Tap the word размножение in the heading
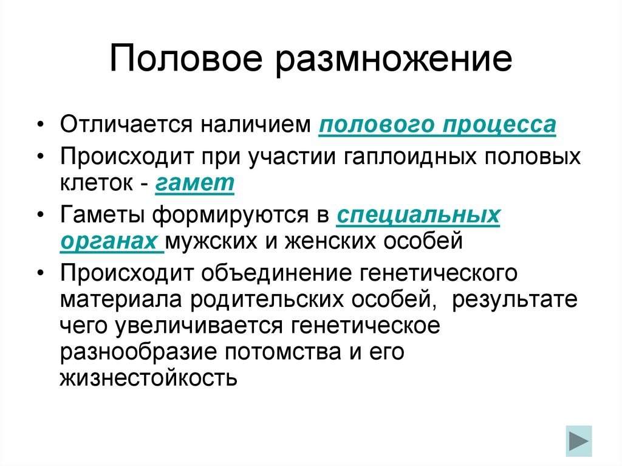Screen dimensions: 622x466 [x=394, y=60]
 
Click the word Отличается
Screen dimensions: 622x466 [x=126, y=124]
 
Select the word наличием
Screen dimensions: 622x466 [x=256, y=124]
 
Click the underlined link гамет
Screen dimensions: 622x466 [x=194, y=183]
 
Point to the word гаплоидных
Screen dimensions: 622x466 [x=409, y=157]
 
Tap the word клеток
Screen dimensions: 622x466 [x=97, y=183]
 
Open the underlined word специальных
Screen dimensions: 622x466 [x=418, y=216]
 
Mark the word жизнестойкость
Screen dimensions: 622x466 [x=149, y=378]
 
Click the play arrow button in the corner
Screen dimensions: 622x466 [x=579, y=441]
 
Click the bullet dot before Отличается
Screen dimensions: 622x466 [x=40, y=125]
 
